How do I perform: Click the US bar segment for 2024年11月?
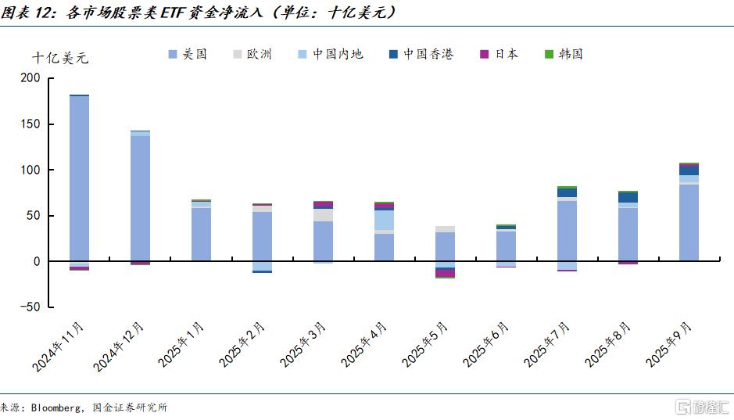pyautogui.click(x=79, y=178)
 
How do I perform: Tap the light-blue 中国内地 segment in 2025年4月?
pyautogui.click(x=384, y=221)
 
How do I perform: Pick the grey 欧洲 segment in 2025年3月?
pyautogui.click(x=323, y=215)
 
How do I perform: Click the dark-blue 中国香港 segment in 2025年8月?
pyautogui.click(x=628, y=197)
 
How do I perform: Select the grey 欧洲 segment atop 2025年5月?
pyautogui.click(x=445, y=229)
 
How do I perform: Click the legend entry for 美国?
pyautogui.click(x=188, y=54)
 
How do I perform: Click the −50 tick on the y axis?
pyautogui.click(x=30, y=307)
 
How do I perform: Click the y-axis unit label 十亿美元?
pyautogui.click(x=61, y=58)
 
